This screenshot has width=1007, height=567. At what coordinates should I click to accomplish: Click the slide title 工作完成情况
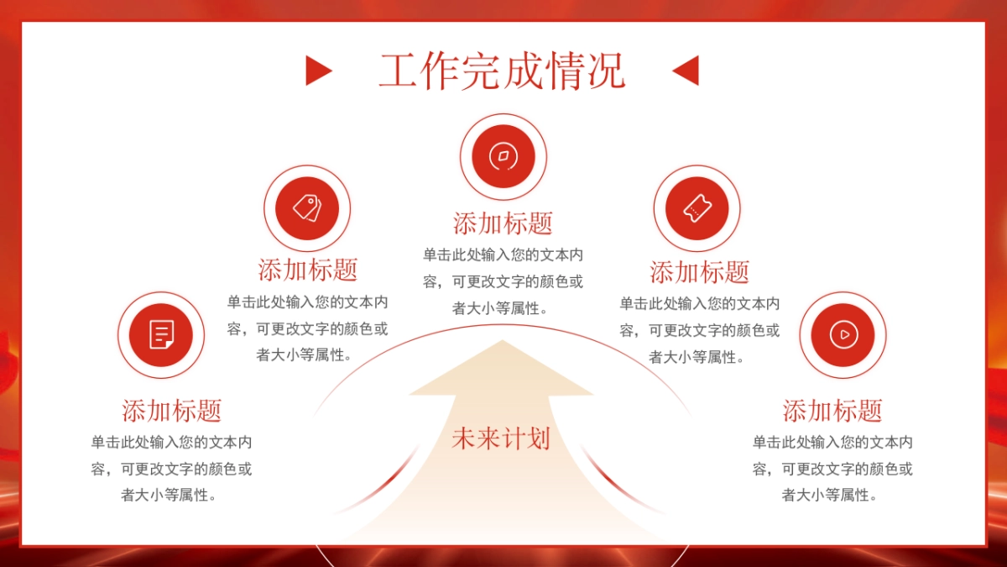coord(502,71)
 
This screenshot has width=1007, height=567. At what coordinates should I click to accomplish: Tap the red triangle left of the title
coord(317,71)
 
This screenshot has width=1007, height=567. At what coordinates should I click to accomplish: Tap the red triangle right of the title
coord(686,71)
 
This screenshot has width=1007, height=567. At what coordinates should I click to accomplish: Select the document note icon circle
coord(161,334)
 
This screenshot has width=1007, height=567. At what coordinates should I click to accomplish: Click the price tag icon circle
coord(307,207)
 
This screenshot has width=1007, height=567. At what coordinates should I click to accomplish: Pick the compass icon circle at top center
coord(503,156)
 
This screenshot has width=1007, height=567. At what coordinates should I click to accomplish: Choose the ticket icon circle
coord(697,208)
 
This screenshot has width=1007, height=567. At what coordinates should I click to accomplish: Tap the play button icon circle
coord(843,334)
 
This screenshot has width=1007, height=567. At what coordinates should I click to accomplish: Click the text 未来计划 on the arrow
coord(501,438)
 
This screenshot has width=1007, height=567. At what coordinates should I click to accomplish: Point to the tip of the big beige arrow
coord(502,343)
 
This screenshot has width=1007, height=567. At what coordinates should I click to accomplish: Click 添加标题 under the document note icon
coord(172,411)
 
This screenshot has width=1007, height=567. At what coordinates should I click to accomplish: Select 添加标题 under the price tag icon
coord(308,270)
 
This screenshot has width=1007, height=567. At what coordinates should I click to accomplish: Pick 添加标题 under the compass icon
coord(503,223)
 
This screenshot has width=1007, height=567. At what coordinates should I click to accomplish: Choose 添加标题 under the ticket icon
coord(699,272)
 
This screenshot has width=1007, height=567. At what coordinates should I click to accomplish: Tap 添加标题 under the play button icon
coord(832,411)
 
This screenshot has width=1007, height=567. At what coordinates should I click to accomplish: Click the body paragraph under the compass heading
coord(503,281)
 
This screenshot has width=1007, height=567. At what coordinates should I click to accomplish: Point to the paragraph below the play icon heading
coord(832,469)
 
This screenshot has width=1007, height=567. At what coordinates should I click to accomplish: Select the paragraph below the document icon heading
coord(172,469)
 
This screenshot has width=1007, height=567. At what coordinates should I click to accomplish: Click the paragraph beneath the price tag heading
coord(308,329)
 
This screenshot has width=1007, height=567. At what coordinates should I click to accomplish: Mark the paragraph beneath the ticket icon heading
coord(699,330)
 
